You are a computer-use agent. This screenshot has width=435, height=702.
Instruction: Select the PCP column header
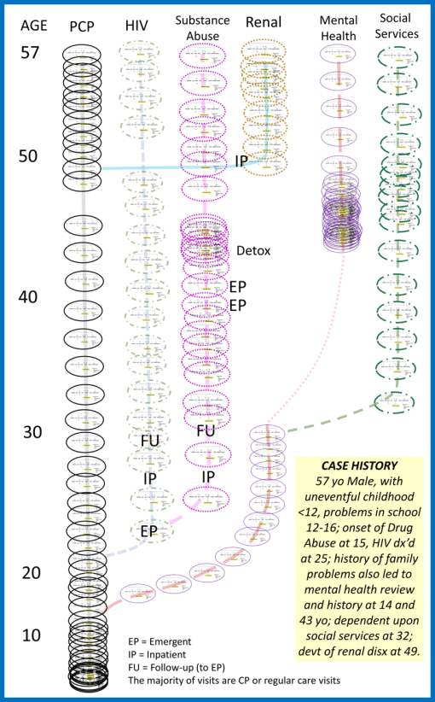(87, 26)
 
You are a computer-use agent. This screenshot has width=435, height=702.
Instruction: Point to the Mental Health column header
(339, 26)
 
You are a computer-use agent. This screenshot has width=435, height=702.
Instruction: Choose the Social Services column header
(397, 26)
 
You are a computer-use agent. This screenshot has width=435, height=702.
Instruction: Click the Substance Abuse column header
(204, 26)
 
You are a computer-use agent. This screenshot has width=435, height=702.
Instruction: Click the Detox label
(254, 251)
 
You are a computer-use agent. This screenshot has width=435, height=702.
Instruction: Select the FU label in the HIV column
(151, 441)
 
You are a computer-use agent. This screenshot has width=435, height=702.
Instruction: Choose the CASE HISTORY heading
(358, 465)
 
